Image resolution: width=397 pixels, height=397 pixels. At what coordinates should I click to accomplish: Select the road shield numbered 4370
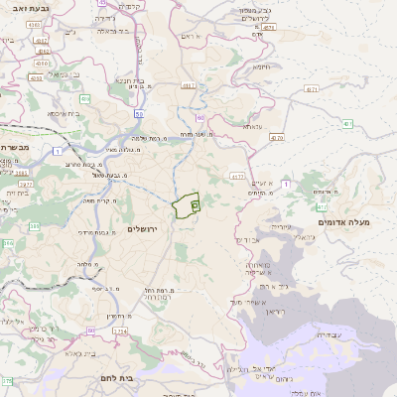coord(276,137)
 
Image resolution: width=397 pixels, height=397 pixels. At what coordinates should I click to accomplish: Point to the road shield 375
coord(7,380)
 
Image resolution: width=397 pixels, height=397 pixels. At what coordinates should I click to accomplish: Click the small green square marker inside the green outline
coord(195,202)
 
